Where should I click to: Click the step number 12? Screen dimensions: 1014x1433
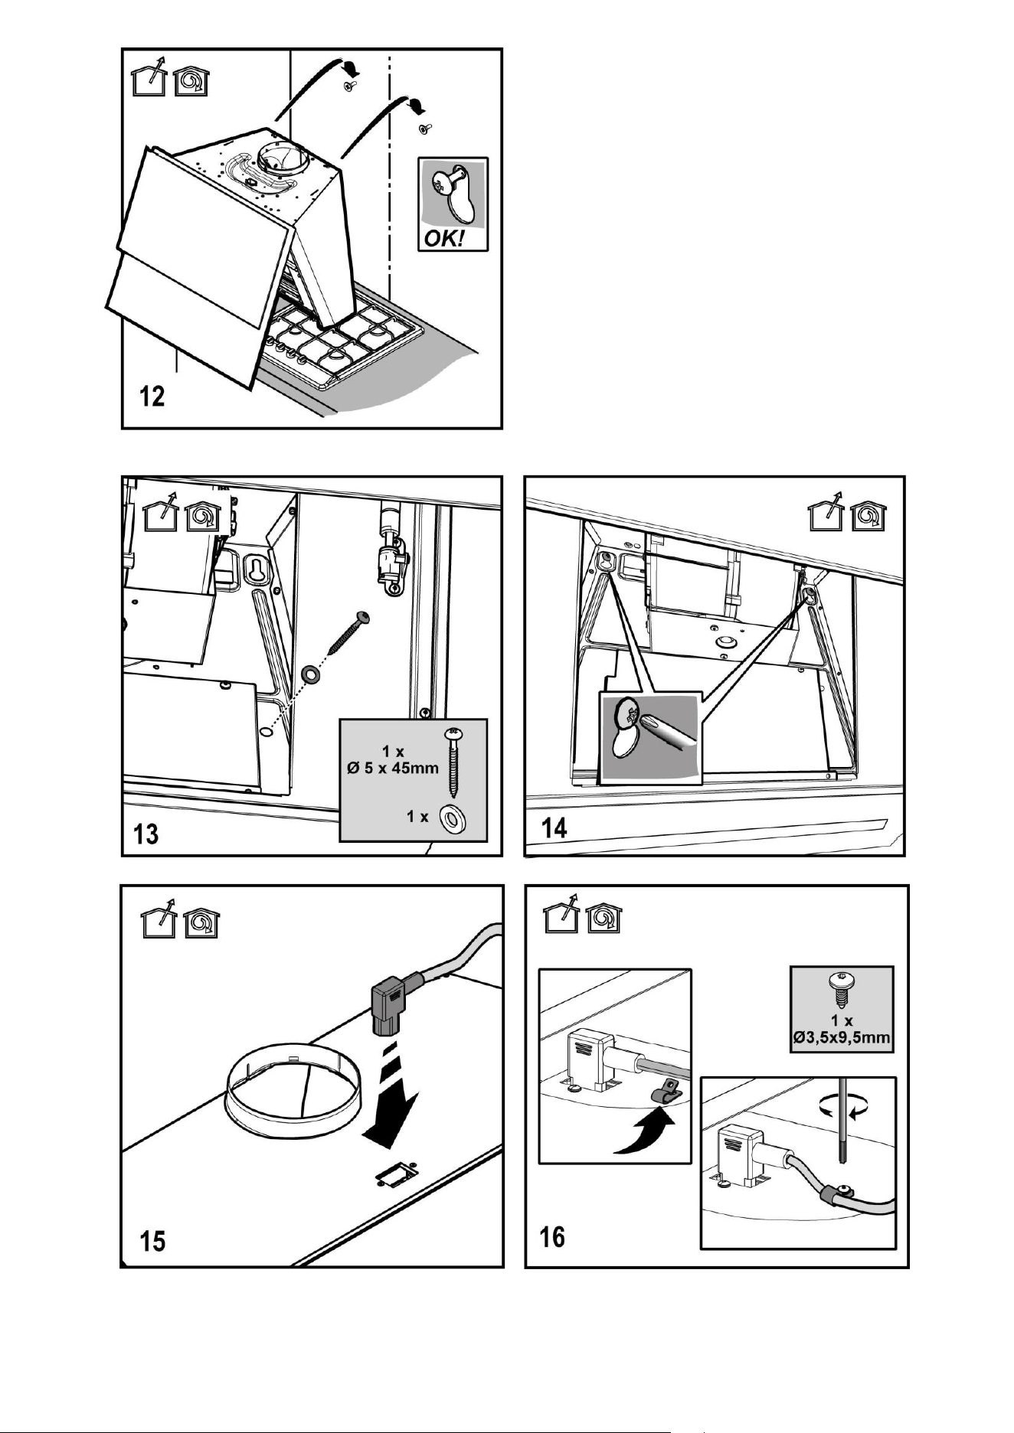(152, 397)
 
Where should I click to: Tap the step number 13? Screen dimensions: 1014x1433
(146, 833)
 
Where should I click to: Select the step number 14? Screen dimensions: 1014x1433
(554, 827)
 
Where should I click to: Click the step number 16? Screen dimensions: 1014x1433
(552, 1236)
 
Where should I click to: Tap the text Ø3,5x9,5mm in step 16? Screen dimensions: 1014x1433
(842, 1038)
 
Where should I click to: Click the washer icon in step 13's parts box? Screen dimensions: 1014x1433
(452, 820)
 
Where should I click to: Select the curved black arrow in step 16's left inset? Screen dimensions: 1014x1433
(646, 1134)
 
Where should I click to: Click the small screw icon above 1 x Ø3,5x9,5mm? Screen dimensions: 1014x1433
(841, 991)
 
